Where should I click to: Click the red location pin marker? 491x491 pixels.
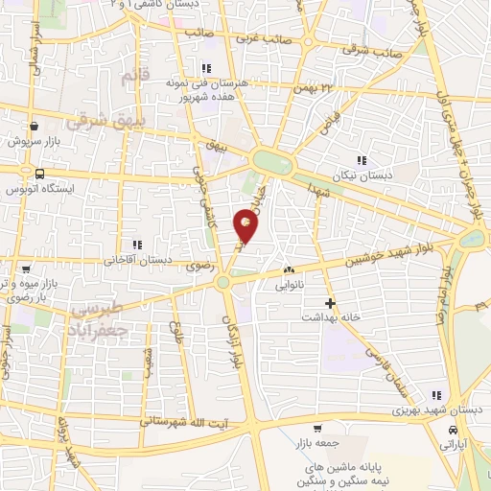[246, 226]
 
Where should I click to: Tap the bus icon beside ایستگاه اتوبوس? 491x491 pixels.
[39, 175]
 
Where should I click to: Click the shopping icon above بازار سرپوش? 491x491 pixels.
[35, 126]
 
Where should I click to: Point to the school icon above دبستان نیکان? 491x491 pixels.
[362, 160]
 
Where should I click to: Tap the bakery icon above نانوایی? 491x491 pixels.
[289, 270]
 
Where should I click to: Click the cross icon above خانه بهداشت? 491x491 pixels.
[331, 303]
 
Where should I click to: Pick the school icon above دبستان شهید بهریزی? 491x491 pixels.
[437, 395]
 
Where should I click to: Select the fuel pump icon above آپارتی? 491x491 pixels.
[451, 432]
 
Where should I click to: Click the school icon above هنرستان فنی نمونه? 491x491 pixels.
[205, 68]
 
